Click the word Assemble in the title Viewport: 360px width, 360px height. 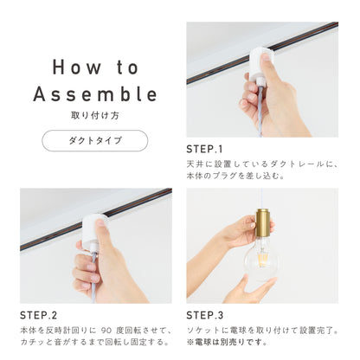point(95,94)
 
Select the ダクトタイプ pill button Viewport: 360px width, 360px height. point(95,140)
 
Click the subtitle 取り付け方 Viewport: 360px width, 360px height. point(95,115)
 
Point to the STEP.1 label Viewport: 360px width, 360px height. point(204,149)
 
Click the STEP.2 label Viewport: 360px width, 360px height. point(38,315)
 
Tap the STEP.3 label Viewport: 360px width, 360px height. point(205,315)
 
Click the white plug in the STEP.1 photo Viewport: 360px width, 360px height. point(259,65)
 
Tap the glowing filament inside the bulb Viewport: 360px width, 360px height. point(262,259)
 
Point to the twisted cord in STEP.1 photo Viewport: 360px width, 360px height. point(260,110)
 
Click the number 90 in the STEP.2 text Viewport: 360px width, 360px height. point(106,330)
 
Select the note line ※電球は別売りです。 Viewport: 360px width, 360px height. point(228,342)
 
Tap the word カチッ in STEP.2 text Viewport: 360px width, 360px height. point(33,342)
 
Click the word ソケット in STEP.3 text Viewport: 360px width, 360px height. point(199,331)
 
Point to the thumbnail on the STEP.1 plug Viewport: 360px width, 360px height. point(265,56)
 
